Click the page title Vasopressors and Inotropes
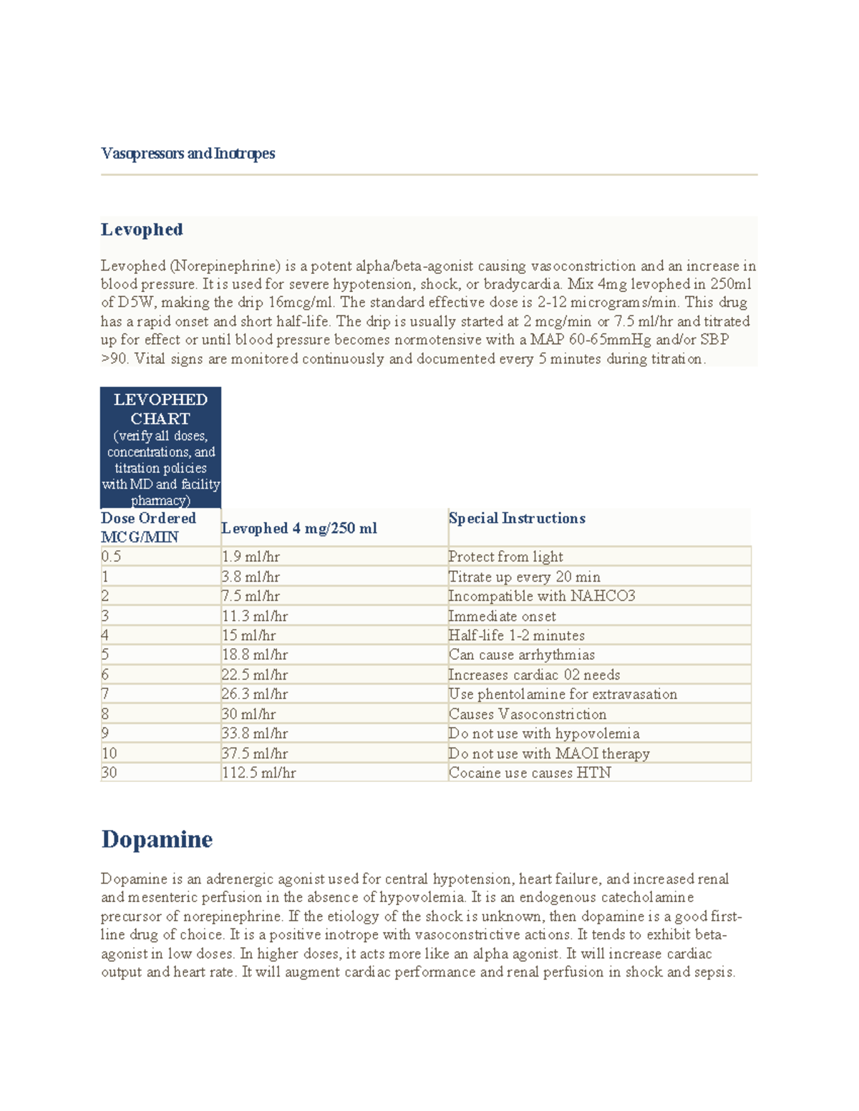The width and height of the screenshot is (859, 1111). tap(188, 153)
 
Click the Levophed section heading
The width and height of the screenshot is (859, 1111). tap(142, 230)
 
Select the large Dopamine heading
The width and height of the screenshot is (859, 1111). tap(157, 838)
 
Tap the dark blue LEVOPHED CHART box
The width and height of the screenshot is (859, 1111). tap(160, 448)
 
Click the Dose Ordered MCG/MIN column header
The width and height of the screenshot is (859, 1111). tap(148, 527)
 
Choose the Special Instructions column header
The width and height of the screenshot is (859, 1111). tap(517, 518)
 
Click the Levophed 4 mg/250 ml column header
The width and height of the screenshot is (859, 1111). tap(299, 528)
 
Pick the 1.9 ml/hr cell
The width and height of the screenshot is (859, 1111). tap(251, 557)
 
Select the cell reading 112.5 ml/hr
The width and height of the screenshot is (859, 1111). tap(258, 773)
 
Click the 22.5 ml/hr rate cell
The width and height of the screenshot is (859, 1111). tap(254, 675)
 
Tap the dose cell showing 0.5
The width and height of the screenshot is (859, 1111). tap(111, 557)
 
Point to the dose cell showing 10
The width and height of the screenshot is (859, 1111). tap(109, 753)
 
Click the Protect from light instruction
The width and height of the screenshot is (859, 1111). tap(505, 557)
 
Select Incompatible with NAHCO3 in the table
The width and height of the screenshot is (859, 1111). tap(541, 596)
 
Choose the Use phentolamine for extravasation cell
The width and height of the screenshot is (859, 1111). tap(563, 694)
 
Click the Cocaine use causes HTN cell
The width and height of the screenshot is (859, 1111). tap(530, 773)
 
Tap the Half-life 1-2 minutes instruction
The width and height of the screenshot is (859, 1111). tap(516, 635)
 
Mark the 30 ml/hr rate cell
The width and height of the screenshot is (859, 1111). tap(248, 714)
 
